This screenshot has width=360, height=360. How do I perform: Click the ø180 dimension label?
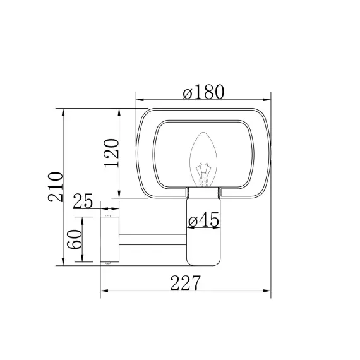coord(203,92)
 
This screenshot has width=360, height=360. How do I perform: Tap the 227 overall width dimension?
coord(185,282)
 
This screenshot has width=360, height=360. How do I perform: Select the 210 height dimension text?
coord(56,187)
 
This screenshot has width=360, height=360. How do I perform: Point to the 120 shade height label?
coord(112,153)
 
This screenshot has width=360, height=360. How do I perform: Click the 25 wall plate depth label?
coord(83,201)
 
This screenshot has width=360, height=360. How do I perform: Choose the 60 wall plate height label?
coord(75,239)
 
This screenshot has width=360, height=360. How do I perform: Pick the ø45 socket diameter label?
coord(203,220)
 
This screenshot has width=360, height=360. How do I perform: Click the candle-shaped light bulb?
coord(203,160)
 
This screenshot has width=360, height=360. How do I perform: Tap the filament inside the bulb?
coord(203,174)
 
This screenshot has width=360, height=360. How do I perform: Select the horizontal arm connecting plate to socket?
coord(153,239)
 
